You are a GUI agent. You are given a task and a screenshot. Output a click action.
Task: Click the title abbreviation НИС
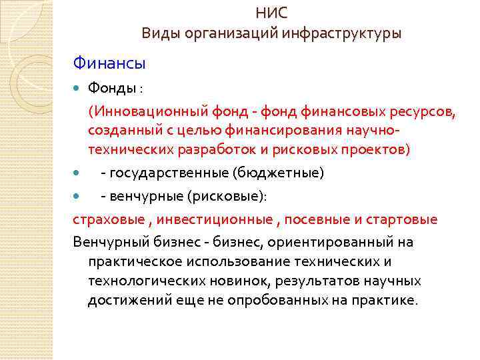pos(272,13)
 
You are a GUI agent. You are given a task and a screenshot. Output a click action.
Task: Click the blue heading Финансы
pos(109,65)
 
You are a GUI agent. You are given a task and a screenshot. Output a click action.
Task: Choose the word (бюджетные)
pos(277,173)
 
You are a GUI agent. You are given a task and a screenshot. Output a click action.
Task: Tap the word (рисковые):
pos(227,197)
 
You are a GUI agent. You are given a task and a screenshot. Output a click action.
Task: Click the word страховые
pos(104,219)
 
